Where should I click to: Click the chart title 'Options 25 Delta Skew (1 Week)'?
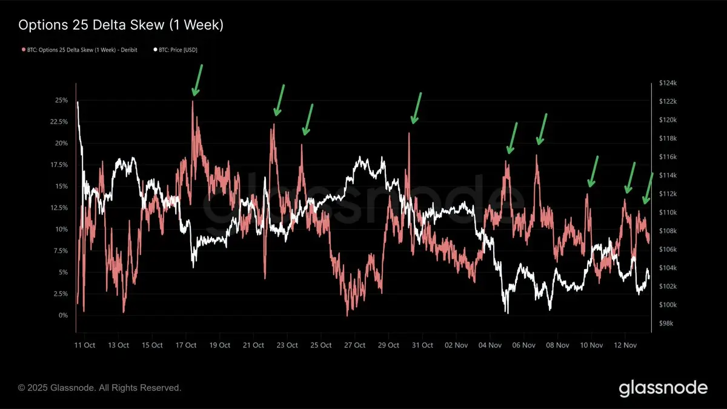pos(121,25)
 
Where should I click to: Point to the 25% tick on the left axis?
pos(62,100)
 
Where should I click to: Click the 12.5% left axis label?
pos(60,208)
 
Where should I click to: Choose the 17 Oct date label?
pos(186,345)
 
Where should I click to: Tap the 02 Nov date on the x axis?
pos(457,345)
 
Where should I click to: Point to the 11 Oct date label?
pos(85,345)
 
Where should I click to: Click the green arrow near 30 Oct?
pos(416,108)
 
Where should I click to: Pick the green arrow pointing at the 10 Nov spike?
pos(593,171)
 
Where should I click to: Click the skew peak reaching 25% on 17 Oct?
pos(193,101)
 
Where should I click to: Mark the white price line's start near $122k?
pos(78,102)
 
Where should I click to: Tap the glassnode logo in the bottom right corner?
pos(663,388)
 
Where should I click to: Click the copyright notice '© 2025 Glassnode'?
pos(99,387)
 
